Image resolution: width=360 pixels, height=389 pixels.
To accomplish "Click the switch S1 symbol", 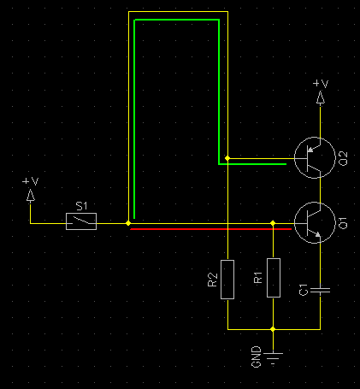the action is point(81,221).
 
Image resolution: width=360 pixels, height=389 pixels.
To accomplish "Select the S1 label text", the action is point(81,206).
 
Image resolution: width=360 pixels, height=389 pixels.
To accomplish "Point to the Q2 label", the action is point(344,159).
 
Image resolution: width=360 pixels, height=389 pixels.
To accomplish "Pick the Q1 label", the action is point(344,223).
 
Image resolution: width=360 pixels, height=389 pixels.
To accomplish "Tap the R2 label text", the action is point(213,280).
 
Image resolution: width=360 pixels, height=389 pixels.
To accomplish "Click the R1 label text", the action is point(258,278).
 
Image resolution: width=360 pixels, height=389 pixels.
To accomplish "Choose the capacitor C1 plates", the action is point(320,291).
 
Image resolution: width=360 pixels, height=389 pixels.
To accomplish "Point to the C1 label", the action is point(304,290).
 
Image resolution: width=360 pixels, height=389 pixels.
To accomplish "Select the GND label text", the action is point(257,357).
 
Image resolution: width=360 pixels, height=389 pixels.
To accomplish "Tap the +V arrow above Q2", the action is point(321,97).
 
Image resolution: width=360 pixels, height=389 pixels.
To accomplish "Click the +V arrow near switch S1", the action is point(30,195).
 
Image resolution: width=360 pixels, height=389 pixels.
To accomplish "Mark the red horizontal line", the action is point(211,229).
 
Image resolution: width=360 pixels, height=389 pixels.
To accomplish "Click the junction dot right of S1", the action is point(128,223).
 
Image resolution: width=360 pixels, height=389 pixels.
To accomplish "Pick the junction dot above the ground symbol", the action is point(273,329).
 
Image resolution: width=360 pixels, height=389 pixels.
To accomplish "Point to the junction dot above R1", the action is point(273,223).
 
